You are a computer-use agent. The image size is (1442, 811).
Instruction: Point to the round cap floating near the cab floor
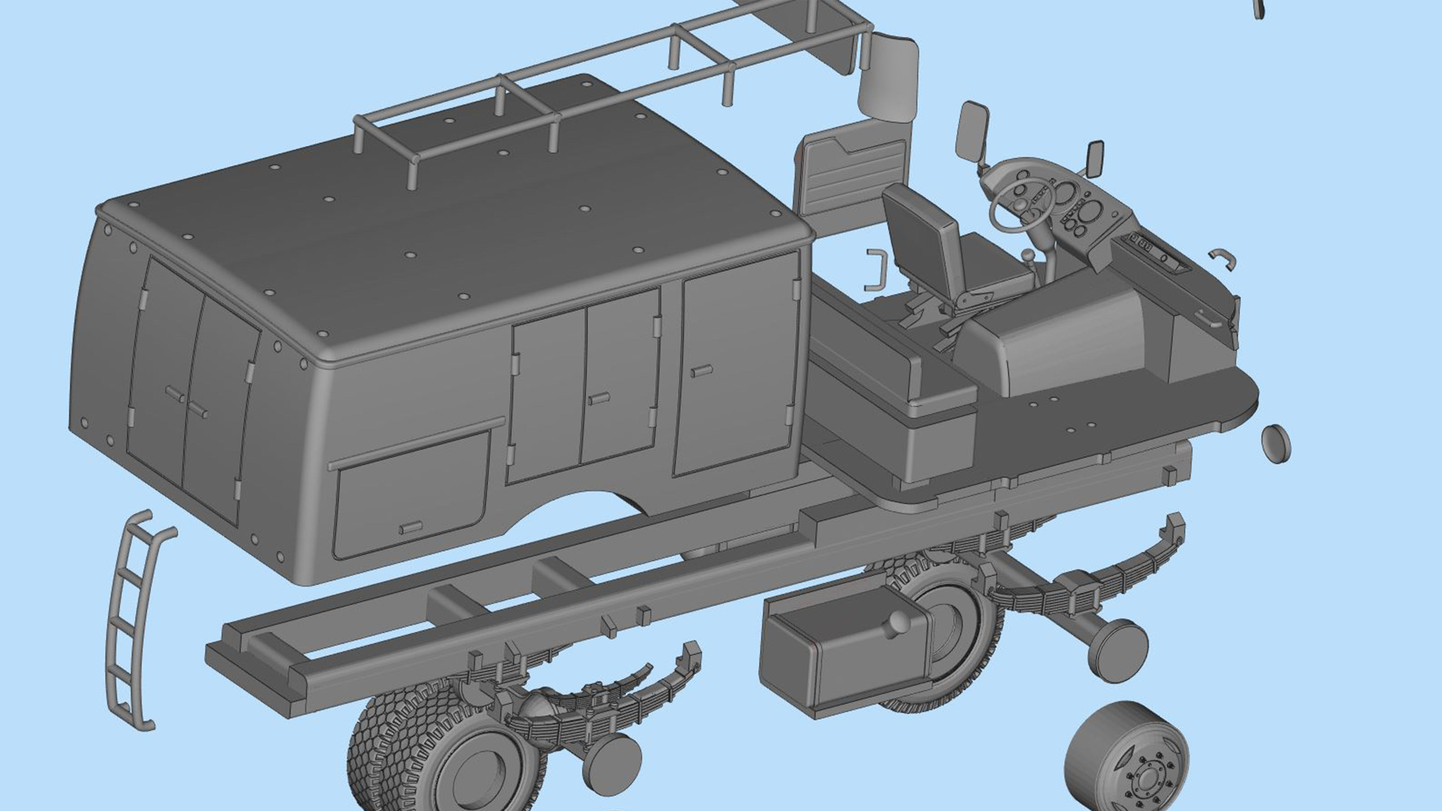[1275, 443]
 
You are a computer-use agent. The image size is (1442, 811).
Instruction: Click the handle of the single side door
[702, 371]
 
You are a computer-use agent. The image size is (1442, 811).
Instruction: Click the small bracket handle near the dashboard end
[1223, 258]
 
